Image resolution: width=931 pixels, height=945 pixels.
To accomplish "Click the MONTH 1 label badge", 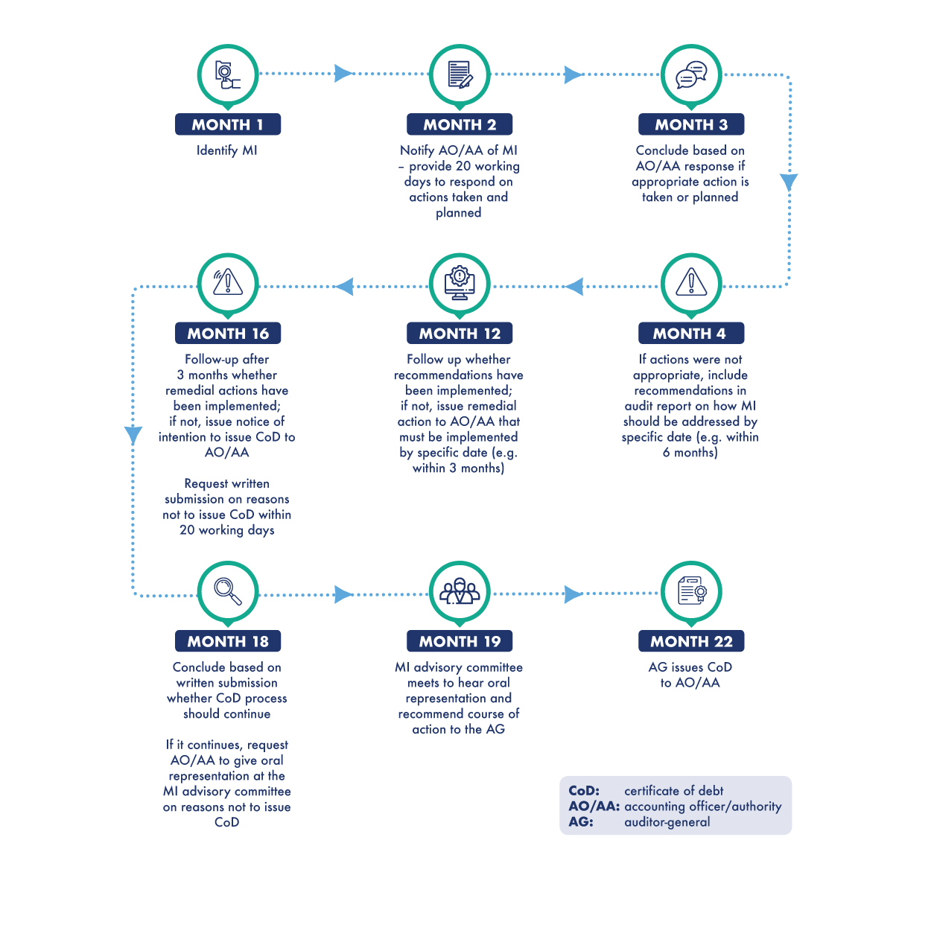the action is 228,124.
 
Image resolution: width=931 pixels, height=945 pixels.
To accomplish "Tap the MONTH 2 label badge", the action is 459,124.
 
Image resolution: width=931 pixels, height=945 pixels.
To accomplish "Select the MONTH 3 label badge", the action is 691,124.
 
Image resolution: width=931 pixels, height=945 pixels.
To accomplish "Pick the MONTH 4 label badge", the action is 691,333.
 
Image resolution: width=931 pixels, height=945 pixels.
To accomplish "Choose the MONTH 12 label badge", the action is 459,333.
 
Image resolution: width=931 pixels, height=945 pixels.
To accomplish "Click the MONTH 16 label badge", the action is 228,333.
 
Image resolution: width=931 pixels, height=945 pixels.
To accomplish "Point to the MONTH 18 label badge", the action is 228,641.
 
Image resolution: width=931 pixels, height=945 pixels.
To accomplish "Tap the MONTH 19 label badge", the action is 459,641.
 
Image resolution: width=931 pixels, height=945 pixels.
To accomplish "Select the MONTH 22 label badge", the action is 691,641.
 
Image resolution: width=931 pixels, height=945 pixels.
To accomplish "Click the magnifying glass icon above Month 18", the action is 228,591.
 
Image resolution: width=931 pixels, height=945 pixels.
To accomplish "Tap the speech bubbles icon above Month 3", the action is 691,74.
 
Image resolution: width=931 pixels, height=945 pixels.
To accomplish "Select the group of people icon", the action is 459,591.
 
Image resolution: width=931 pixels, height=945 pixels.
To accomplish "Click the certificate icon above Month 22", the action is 692,591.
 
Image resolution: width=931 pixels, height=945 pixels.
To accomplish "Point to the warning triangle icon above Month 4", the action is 691,282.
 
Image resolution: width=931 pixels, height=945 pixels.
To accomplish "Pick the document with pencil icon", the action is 460,74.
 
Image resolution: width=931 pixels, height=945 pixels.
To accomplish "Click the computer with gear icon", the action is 459,283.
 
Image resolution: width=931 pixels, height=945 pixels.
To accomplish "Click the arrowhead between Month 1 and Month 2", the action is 343,74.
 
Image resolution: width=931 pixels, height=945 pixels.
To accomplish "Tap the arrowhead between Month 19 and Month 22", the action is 573,594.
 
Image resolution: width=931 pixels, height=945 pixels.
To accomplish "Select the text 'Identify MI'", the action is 226,150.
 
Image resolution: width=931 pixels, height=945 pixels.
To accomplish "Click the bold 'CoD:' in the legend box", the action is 584,791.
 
